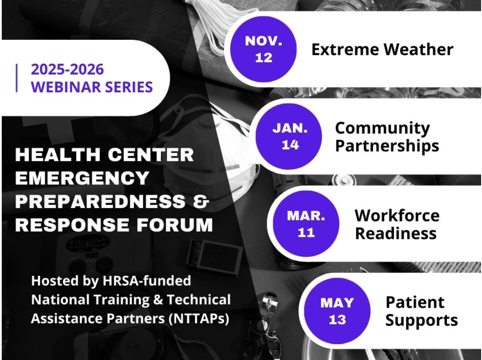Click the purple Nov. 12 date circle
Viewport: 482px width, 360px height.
click(x=264, y=49)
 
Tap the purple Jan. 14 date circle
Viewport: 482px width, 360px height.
click(x=289, y=136)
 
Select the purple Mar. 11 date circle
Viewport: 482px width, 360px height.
click(x=306, y=224)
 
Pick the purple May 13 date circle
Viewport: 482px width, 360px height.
click(x=337, y=311)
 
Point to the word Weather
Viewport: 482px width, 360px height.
click(x=419, y=50)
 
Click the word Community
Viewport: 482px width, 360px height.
click(x=382, y=129)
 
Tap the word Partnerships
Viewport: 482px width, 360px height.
click(x=387, y=146)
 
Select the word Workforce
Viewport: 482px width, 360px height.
click(x=397, y=215)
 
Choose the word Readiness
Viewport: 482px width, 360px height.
click(x=396, y=233)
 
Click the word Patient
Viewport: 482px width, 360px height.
click(x=415, y=302)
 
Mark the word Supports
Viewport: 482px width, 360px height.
click(x=421, y=320)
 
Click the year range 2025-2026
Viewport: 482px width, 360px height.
click(x=67, y=69)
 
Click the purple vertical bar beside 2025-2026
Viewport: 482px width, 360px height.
click(x=16, y=78)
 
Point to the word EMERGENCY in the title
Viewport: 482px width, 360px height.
click(x=82, y=178)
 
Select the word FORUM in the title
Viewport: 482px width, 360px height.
click(x=175, y=225)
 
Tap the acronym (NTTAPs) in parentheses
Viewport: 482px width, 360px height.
click(x=199, y=319)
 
